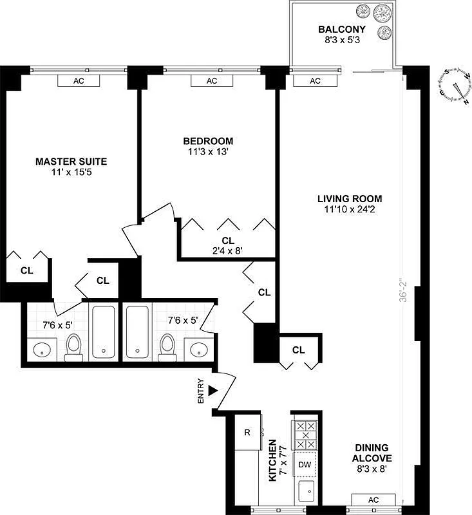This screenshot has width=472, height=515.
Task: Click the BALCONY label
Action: click(x=342, y=30)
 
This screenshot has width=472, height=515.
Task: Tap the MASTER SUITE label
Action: click(x=71, y=162)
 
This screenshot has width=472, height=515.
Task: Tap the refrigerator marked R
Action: click(x=247, y=432)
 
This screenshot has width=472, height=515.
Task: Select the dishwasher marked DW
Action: click(x=305, y=464)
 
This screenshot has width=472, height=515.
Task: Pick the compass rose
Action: click(x=454, y=85)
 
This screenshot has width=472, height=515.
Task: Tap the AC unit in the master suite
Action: click(x=79, y=81)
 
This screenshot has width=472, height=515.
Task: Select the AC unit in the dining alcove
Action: click(x=373, y=500)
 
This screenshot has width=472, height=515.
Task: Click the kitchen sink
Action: click(x=306, y=492)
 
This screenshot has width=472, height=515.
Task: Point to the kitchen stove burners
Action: click(x=305, y=436)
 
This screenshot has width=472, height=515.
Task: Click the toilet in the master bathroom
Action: click(x=74, y=346)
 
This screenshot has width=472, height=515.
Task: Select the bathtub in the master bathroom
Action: click(x=102, y=332)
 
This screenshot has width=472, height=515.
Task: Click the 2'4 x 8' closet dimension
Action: click(x=228, y=252)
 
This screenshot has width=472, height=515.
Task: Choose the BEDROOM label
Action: click(x=208, y=142)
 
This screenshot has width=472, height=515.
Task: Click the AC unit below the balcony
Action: click(x=315, y=81)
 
